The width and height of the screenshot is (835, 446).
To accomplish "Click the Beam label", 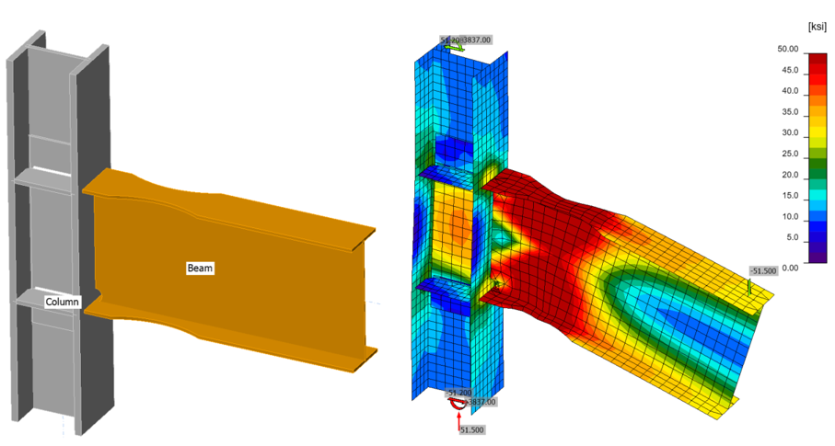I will (201, 268).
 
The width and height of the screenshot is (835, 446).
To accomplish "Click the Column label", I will (63, 302).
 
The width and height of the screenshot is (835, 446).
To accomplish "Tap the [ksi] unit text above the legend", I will (816, 29).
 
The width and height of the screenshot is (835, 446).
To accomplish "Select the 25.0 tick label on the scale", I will (788, 154).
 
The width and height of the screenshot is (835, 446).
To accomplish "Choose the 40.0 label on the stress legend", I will (788, 91).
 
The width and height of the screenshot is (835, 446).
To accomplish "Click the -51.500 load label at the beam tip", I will (763, 271).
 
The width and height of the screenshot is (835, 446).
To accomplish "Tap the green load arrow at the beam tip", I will (749, 287).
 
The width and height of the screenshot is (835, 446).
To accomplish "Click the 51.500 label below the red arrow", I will (471, 429).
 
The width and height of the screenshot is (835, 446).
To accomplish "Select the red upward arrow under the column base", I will (458, 417).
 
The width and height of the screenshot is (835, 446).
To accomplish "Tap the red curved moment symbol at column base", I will (456, 400).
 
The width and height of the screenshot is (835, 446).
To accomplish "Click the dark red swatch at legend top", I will (817, 60).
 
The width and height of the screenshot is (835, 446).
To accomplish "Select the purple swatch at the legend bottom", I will (817, 257).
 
